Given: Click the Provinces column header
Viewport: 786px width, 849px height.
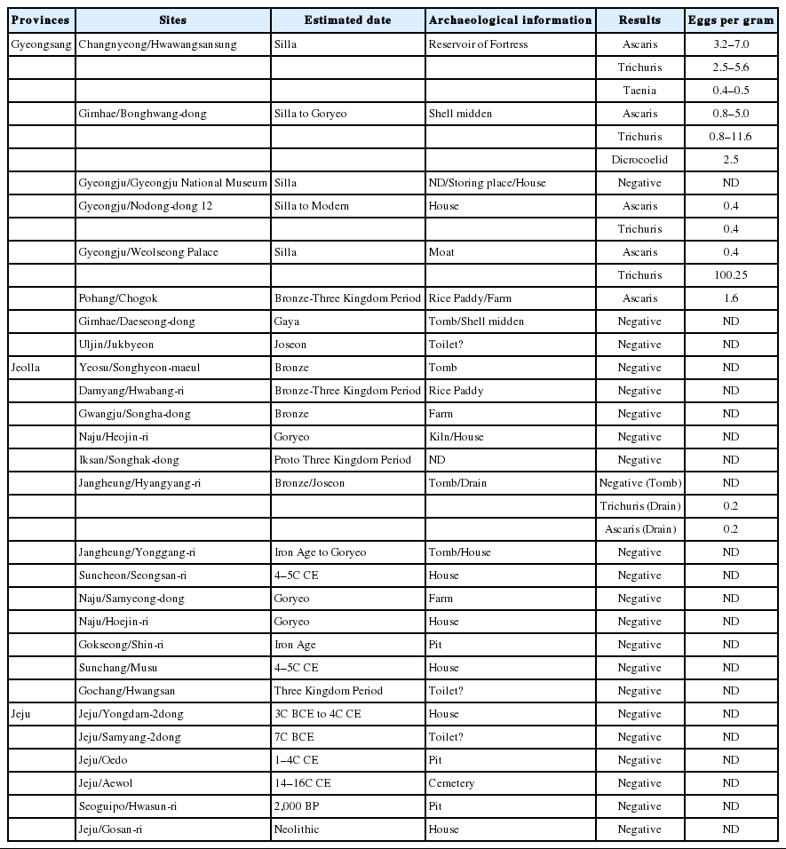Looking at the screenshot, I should [x=40, y=20].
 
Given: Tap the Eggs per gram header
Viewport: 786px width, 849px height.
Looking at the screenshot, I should [x=731, y=20].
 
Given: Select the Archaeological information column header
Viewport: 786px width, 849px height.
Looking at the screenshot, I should [x=510, y=20].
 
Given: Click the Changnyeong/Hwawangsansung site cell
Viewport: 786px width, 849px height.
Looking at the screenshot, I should [x=158, y=44].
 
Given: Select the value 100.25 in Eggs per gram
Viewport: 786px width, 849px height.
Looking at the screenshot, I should [x=731, y=275].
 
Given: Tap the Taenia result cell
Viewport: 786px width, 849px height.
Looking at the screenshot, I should [x=639, y=91].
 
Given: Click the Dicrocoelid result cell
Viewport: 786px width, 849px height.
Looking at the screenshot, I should [x=639, y=160].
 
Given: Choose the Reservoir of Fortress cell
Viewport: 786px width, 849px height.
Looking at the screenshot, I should [x=478, y=44].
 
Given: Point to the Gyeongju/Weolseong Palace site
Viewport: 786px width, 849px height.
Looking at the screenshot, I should [x=148, y=252].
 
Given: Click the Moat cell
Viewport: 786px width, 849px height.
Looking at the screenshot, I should [x=441, y=252].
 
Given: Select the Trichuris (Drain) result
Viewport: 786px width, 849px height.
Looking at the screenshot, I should [x=639, y=506].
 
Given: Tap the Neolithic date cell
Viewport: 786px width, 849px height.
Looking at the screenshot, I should [x=298, y=829].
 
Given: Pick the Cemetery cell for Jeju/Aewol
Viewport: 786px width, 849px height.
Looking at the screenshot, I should [x=451, y=783].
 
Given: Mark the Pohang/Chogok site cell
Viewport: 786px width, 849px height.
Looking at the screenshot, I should [x=118, y=298].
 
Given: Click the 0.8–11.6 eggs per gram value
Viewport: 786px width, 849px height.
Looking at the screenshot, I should [x=731, y=137].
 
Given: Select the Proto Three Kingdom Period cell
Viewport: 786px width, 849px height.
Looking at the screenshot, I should [x=343, y=460].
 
